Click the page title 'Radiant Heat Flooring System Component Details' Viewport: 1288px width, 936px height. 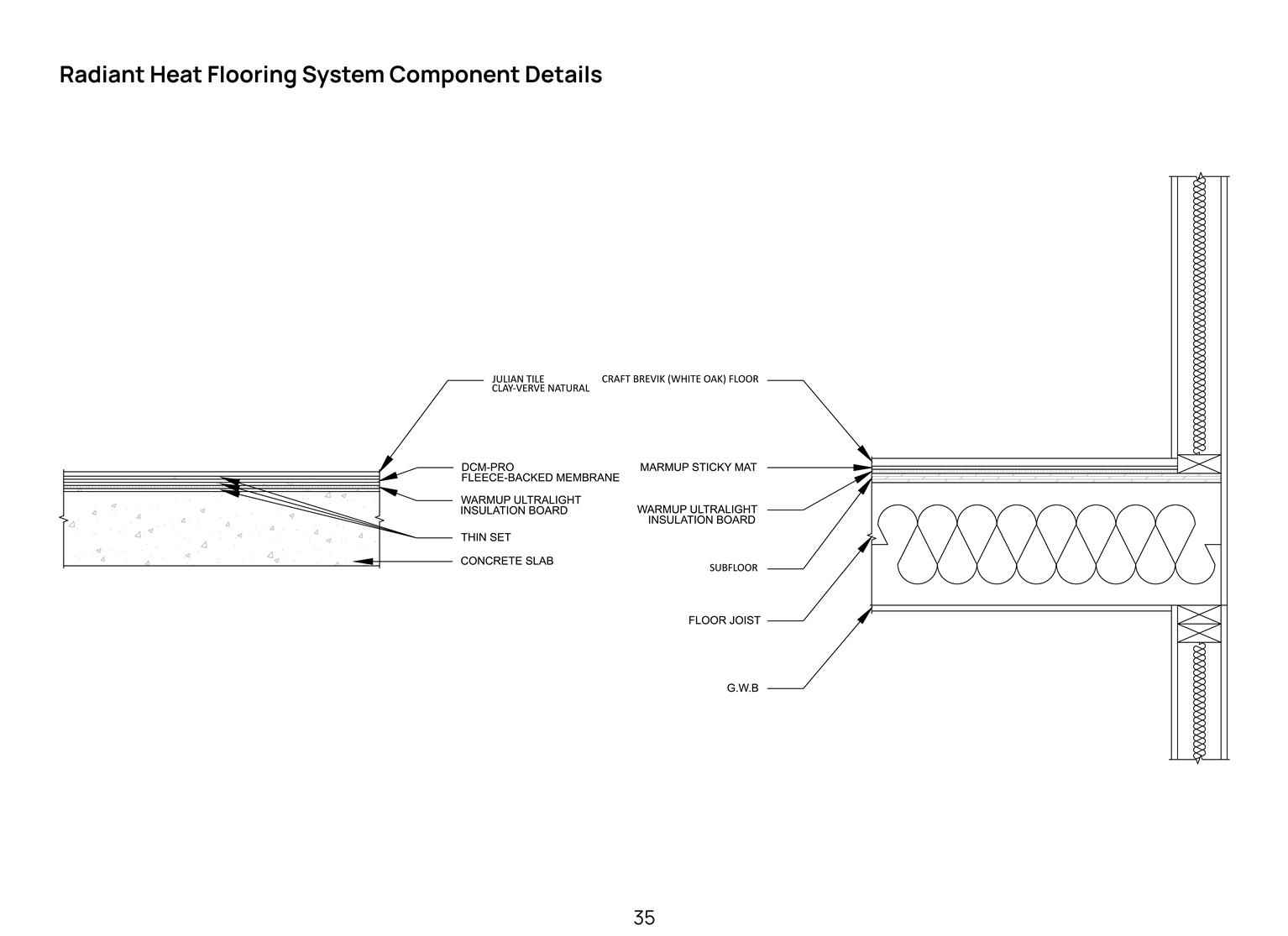331,75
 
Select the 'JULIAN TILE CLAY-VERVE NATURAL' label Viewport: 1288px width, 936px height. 541,384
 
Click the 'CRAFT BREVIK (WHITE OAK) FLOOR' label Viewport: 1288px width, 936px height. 680,379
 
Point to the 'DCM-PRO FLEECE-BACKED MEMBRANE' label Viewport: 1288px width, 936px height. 540,472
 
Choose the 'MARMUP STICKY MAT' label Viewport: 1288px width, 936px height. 698,468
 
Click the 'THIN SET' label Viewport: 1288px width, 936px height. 485,537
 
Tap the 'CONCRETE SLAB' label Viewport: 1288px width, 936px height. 506,561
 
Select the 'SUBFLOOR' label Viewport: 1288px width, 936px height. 733,567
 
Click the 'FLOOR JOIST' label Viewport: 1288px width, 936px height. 724,620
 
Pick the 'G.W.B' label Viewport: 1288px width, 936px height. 742,688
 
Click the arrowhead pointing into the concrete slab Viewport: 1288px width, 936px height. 363,561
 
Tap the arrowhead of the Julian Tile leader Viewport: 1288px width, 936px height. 385,463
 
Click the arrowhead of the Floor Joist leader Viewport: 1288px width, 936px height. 867,544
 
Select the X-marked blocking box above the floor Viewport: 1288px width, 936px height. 1199,463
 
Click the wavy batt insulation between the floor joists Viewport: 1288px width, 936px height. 1046,544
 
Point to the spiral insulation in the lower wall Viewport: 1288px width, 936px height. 1198,703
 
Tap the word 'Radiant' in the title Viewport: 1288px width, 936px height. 102,75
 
